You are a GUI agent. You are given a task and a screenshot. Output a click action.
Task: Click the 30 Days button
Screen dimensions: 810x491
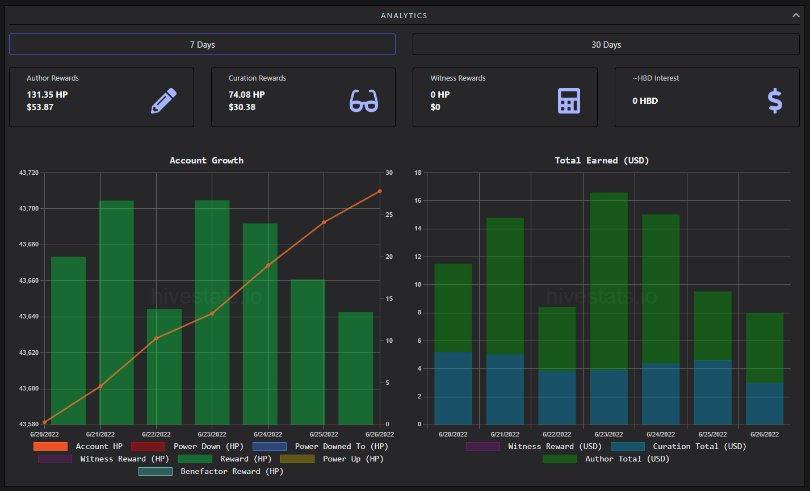(x=606, y=44)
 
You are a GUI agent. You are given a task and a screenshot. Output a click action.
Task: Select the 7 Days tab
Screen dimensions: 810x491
(x=202, y=44)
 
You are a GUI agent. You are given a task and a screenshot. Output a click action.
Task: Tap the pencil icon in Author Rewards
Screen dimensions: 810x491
(x=164, y=100)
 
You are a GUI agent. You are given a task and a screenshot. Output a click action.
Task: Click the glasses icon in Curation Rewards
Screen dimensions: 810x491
(x=364, y=100)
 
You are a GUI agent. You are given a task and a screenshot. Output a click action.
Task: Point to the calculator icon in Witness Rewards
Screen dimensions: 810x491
(x=569, y=100)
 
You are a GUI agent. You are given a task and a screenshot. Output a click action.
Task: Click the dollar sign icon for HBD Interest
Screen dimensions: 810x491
(x=775, y=100)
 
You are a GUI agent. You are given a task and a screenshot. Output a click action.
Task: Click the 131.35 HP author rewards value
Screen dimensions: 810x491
(x=47, y=95)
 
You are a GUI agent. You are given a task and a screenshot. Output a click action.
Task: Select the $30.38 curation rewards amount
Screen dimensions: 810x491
(x=242, y=107)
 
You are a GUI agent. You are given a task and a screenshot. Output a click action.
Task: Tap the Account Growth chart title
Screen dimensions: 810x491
(x=207, y=161)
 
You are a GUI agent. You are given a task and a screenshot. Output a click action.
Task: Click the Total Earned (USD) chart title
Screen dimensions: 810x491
(x=602, y=161)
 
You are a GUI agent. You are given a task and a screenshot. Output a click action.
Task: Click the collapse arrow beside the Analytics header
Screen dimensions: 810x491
(x=796, y=15)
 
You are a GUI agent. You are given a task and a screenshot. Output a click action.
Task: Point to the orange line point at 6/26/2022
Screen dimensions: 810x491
(x=380, y=191)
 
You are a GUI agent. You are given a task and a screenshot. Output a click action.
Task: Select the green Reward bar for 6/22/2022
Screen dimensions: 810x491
(x=164, y=367)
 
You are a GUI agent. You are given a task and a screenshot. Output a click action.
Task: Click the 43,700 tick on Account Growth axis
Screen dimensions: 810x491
(x=29, y=209)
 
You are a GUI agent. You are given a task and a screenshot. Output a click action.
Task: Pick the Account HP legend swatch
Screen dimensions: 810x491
(x=51, y=447)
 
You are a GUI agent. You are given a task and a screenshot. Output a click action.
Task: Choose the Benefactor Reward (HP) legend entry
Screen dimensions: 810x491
(x=211, y=472)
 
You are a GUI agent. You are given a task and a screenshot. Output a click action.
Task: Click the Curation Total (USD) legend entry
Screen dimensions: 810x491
(x=679, y=447)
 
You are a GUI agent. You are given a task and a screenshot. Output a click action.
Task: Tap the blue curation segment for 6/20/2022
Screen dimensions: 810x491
(x=453, y=388)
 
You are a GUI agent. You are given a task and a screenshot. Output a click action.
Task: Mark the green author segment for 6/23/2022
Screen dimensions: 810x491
(x=609, y=281)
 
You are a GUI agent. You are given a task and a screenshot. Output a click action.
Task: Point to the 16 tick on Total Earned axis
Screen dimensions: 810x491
(x=418, y=201)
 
